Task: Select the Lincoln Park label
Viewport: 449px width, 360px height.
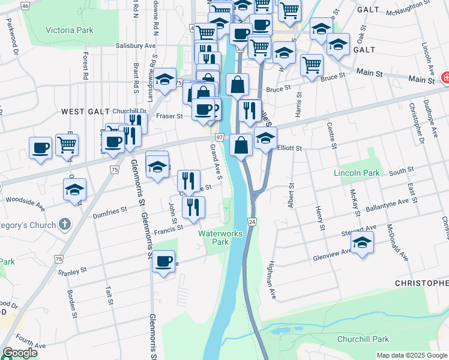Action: [357, 173]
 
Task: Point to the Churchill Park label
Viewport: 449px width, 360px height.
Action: [364, 339]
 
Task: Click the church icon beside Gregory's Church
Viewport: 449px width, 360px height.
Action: [65, 224]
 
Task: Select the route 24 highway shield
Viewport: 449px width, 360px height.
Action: [252, 222]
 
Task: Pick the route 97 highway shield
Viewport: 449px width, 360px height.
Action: [220, 138]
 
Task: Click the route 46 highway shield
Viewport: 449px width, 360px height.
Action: [25, 5]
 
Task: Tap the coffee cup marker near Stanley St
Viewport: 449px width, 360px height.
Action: [163, 261]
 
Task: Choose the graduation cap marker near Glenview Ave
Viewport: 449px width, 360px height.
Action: [362, 242]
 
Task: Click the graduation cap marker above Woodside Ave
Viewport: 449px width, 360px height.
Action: [74, 190]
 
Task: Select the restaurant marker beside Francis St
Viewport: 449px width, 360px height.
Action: [193, 207]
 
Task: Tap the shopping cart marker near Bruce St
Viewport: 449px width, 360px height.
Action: [312, 65]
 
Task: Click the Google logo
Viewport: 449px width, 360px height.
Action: [19, 353]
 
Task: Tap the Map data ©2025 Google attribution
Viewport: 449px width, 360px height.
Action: [412, 355]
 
